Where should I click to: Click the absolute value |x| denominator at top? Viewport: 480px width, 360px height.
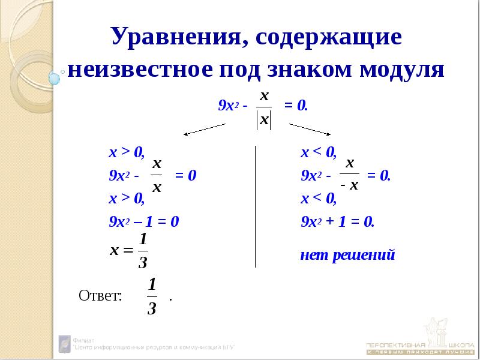click(x=263, y=119)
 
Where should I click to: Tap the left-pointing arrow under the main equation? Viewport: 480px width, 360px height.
click(x=203, y=128)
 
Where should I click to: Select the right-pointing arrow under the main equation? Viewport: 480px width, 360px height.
click(x=311, y=128)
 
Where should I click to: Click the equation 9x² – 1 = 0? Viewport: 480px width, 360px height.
click(x=144, y=221)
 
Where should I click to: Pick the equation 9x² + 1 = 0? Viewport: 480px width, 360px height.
click(x=337, y=221)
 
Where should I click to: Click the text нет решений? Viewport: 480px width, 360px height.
click(x=347, y=255)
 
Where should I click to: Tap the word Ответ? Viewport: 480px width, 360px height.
click(x=100, y=295)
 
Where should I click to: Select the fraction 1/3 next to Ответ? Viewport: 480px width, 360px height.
click(x=152, y=296)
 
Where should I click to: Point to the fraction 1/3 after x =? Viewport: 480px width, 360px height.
click(x=143, y=251)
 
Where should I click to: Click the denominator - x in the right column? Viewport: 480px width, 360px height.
click(x=349, y=186)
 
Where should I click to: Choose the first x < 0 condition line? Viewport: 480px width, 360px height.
click(x=319, y=152)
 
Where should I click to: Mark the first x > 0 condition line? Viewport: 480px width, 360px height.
click(x=126, y=152)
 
